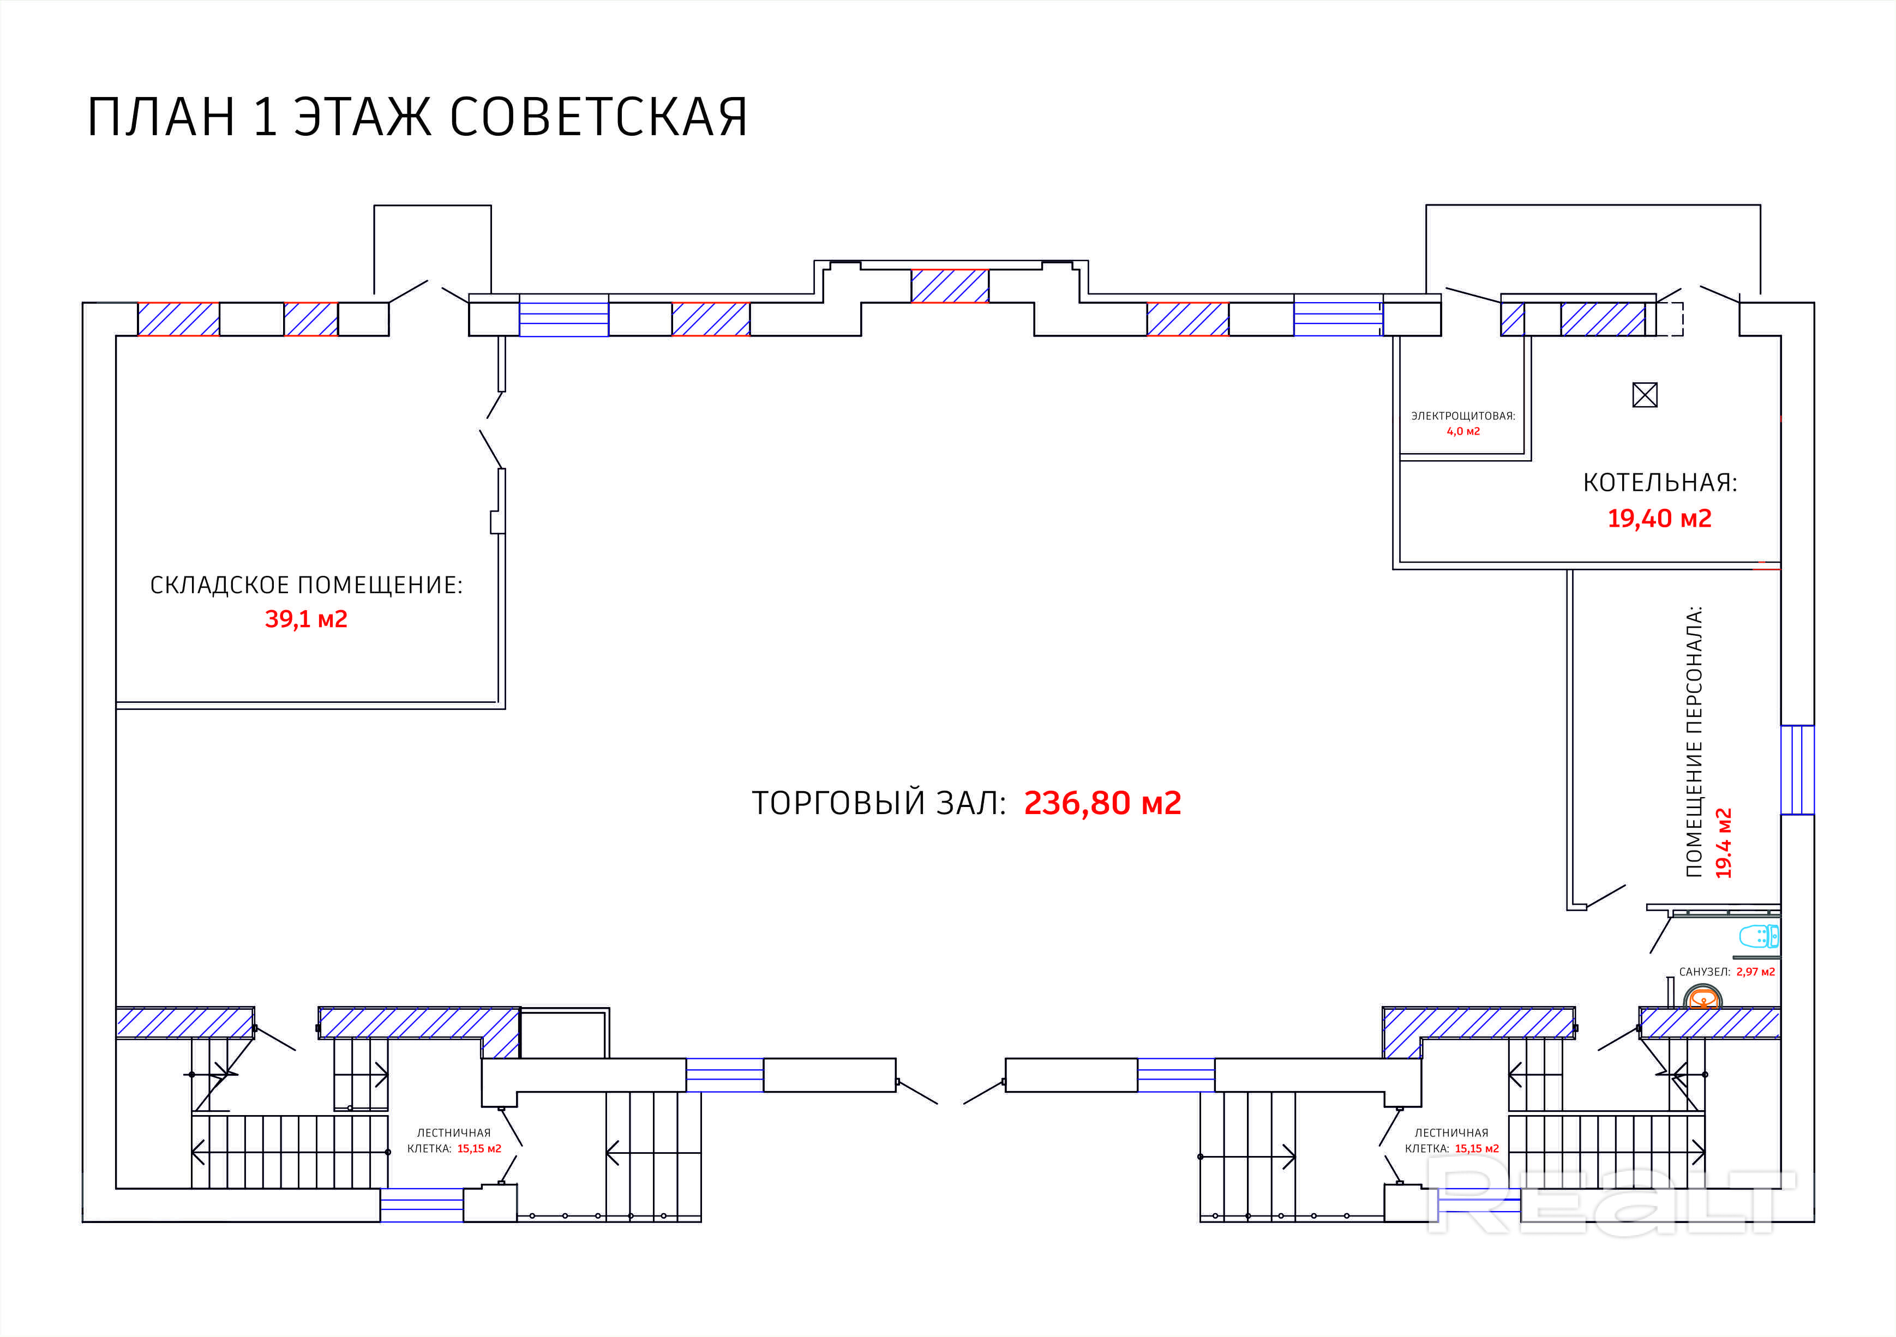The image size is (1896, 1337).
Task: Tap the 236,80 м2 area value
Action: (1102, 802)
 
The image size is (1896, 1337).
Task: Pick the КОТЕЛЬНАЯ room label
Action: (1660, 483)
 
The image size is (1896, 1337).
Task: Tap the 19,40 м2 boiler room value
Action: (1659, 519)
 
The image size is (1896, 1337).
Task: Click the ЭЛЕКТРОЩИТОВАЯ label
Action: (1463, 416)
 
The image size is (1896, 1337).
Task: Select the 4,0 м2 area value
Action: (1463, 431)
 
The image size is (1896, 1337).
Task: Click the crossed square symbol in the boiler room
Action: (1645, 395)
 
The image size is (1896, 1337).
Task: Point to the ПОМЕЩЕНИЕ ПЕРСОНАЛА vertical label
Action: (1694, 741)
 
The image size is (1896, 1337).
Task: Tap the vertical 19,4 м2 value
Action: (1724, 842)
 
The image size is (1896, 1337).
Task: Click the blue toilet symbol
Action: (1759, 937)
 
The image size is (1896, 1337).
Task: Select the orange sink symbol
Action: (1703, 999)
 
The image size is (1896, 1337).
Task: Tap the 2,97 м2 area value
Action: (1756, 972)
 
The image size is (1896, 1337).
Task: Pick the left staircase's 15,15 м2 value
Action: (479, 1149)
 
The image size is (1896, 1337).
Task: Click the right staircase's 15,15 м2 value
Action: (1477, 1149)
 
